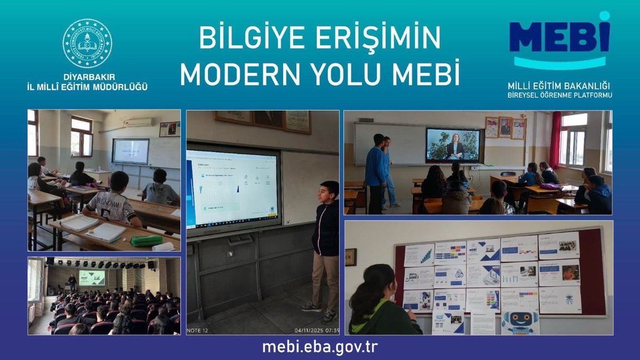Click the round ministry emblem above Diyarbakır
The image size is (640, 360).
[x=87, y=43]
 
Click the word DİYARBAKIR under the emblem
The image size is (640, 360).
[x=87, y=77]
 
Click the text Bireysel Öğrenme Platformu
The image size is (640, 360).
[x=559, y=95]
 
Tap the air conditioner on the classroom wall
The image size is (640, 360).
[x=138, y=123]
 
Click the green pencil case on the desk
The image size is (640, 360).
[x=146, y=241]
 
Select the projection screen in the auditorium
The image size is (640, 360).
[x=92, y=278]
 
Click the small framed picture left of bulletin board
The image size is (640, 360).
[x=350, y=257]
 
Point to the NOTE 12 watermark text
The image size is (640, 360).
[x=198, y=331]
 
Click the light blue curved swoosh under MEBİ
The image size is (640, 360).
[x=559, y=65]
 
